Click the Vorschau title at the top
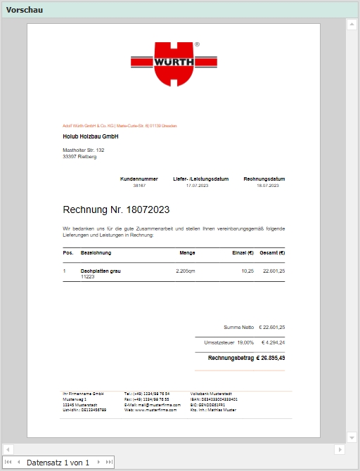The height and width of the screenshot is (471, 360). [25, 9]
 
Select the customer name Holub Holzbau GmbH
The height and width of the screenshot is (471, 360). [90, 136]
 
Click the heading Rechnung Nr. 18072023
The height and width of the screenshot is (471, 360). [116, 209]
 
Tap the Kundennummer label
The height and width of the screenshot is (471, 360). [139, 179]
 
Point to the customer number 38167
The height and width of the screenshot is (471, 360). [139, 186]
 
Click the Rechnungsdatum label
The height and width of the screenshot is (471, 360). [264, 179]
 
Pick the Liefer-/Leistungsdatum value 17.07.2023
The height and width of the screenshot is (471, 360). [198, 186]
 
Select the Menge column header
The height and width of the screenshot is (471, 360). [187, 252]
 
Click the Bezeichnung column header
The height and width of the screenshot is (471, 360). [96, 252]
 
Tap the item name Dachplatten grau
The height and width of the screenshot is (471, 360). [101, 271]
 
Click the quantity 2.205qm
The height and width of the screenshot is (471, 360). [185, 271]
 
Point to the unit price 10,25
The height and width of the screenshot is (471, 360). [247, 271]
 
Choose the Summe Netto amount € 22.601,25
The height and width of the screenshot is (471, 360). [271, 327]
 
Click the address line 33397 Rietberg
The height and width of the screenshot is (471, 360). [79, 157]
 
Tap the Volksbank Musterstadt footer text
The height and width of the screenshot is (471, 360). [211, 394]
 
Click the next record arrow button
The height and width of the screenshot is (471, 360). [98, 463]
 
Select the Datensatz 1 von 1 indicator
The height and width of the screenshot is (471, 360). [58, 463]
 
